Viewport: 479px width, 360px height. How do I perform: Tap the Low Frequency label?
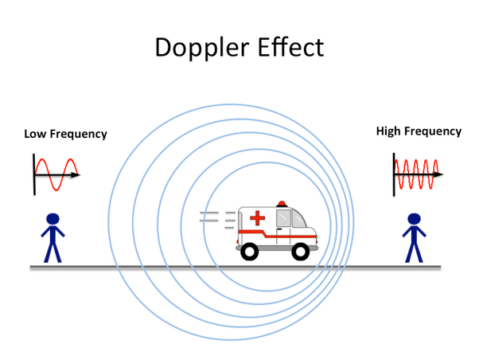click(65, 134)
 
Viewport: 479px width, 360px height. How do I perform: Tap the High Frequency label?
click(419, 131)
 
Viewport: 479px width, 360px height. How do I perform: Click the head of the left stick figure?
click(53, 219)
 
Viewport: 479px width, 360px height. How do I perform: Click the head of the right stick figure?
click(414, 219)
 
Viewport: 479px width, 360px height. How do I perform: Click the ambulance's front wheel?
click(301, 251)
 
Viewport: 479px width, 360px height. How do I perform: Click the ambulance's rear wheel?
click(249, 251)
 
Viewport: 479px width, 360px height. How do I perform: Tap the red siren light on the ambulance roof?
click(280, 204)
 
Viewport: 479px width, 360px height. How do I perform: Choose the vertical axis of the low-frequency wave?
click(34, 174)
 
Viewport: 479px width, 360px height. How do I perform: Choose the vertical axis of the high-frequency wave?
click(395, 173)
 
